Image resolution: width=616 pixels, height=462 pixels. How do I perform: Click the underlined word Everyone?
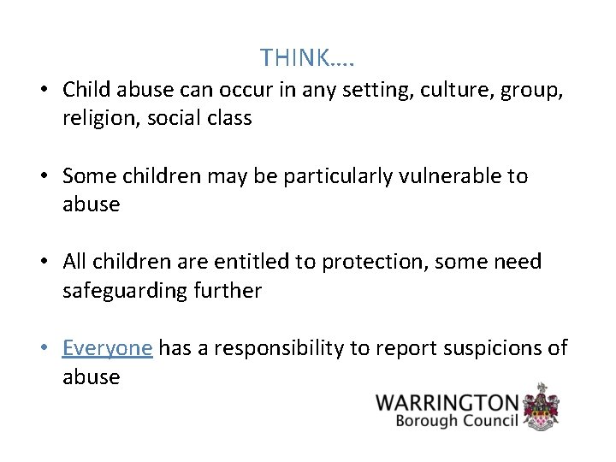click(107, 347)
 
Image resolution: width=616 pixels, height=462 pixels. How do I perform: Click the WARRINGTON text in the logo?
click(447, 402)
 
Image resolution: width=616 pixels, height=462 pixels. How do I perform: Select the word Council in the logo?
click(490, 422)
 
